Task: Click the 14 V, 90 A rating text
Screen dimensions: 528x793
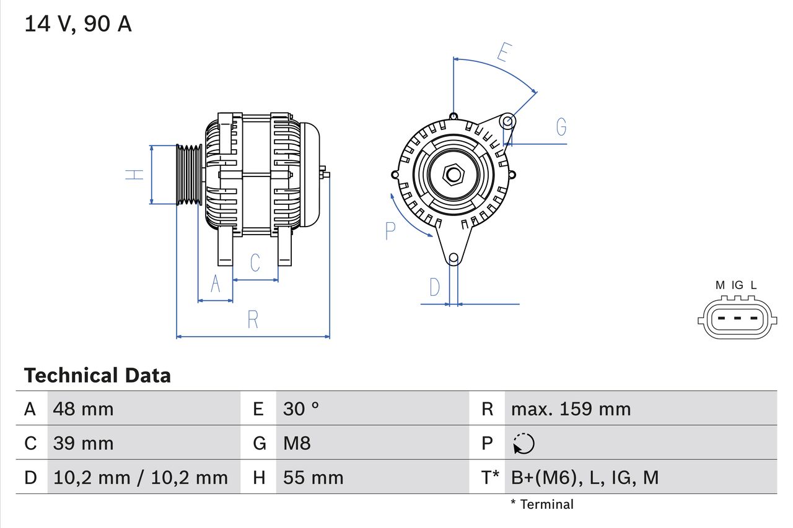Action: click(x=77, y=24)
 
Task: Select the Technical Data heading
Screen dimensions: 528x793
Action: click(x=97, y=375)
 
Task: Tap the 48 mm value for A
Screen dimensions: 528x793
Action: click(x=84, y=409)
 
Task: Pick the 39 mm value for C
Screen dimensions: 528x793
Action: click(x=84, y=443)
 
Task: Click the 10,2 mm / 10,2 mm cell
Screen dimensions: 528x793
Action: click(x=141, y=477)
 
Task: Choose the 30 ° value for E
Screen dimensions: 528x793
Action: click(x=301, y=409)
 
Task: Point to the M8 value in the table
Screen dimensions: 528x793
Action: click(x=297, y=443)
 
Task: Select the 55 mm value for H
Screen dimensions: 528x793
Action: click(x=313, y=477)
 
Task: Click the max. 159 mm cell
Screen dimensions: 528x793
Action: click(x=571, y=409)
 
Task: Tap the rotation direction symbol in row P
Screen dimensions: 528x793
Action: click(x=524, y=443)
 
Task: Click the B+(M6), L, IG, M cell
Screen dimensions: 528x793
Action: click(x=584, y=477)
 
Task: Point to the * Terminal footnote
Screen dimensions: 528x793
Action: click(x=542, y=504)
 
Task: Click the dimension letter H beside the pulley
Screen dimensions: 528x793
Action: click(x=134, y=175)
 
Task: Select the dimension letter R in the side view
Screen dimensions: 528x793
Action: click(x=253, y=320)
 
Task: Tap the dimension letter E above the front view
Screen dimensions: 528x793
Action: click(x=504, y=54)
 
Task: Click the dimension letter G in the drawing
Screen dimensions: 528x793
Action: click(x=561, y=127)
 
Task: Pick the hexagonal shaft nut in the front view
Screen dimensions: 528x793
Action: click(x=453, y=175)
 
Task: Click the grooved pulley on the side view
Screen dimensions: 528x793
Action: click(x=189, y=175)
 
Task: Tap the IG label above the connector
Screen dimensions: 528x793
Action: click(x=737, y=285)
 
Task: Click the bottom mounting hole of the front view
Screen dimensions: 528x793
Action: click(x=453, y=258)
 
